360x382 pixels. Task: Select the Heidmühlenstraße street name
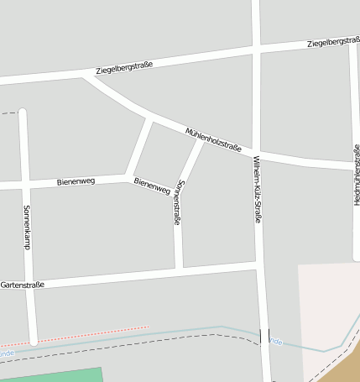pos(357,175)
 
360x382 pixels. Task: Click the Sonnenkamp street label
pos(27,228)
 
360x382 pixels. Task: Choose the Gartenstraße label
pos(23,285)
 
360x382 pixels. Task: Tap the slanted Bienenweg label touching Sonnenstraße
pos(152,185)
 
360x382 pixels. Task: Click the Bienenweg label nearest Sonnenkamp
pos(76,181)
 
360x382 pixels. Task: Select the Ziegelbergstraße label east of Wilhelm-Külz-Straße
pos(333,42)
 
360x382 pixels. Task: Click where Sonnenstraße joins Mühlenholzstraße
pos(201,139)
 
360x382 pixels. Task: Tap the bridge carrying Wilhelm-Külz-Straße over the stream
pos(264,336)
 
